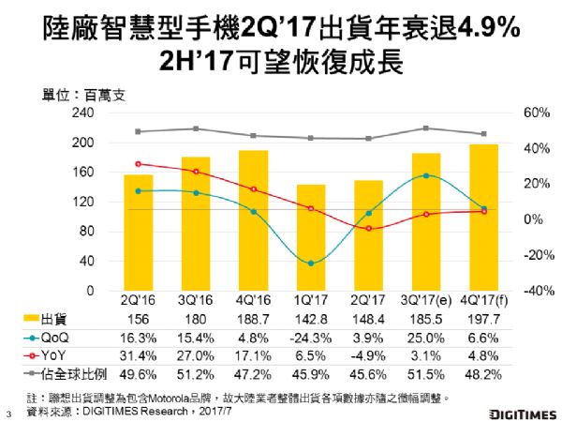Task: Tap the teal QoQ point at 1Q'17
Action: point(311,264)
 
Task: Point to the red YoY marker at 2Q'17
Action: point(368,229)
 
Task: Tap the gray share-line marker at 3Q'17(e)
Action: point(425,128)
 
